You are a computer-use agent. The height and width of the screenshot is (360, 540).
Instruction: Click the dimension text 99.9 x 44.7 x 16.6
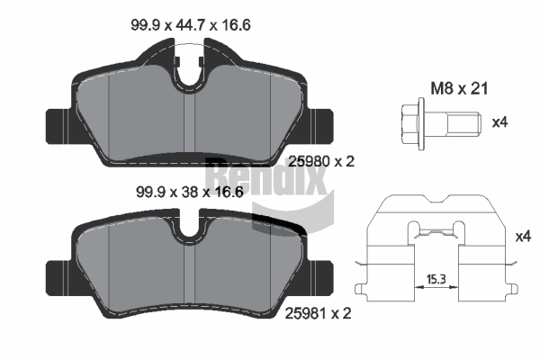click(x=191, y=25)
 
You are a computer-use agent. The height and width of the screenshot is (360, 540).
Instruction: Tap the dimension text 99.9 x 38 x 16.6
click(x=190, y=192)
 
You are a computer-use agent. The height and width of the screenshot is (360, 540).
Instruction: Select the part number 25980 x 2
click(x=321, y=161)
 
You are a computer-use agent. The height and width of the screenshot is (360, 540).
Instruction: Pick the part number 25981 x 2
click(x=319, y=313)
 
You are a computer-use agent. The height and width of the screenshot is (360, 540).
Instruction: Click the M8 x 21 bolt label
click(x=459, y=89)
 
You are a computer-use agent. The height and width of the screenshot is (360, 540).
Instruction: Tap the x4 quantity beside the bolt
click(x=499, y=122)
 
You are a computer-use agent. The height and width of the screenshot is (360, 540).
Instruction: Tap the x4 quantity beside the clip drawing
click(x=523, y=237)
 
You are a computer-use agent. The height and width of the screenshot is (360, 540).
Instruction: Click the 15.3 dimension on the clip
click(x=436, y=279)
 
